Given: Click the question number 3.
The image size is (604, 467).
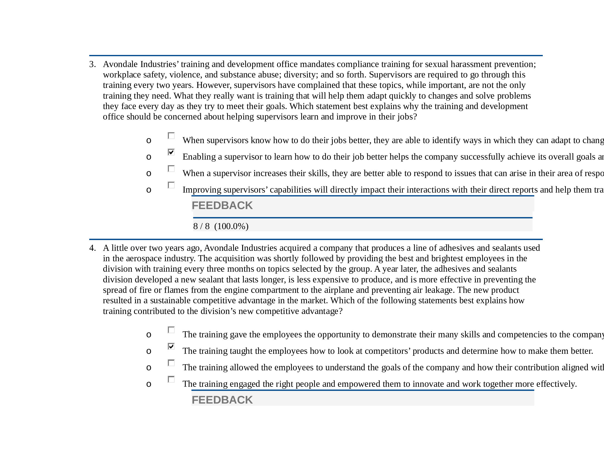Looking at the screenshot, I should coord(92,65).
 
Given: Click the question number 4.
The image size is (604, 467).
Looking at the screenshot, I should coord(92,248).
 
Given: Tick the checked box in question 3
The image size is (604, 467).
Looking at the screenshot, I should coord(171,152).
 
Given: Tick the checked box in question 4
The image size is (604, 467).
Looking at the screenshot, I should coord(171,346).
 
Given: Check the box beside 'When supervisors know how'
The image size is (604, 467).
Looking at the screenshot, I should coord(171,136).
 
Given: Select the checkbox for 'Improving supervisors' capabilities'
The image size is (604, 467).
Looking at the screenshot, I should coord(171,185).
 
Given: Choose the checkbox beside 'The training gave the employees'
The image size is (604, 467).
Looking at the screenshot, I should coord(171,330).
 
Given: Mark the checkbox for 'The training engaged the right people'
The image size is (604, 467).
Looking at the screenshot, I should coord(171,379).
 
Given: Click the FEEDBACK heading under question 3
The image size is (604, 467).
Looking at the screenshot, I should coord(222,205).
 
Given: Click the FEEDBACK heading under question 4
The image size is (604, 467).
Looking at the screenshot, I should coord(222,400).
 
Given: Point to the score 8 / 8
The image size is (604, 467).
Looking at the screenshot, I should coord(201,226).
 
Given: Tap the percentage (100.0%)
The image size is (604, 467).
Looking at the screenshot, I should coord(231,226).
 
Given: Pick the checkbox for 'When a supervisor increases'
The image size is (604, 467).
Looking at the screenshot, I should coord(171,169).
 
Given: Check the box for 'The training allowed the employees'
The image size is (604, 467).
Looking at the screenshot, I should coord(171,363).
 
